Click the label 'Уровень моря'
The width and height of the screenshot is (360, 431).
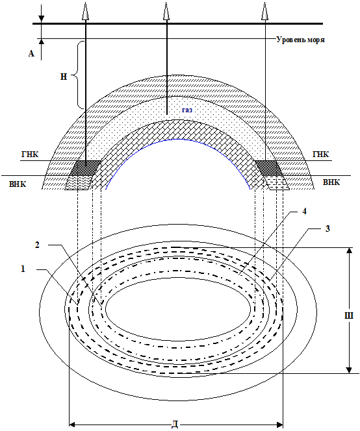click(301, 40)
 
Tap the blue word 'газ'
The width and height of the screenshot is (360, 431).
click(187, 110)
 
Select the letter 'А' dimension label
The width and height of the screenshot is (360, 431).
click(31, 53)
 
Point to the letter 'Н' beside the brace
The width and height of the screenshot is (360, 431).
click(64, 77)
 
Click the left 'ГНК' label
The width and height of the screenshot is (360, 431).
click(30, 154)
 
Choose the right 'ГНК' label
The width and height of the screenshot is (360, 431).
click(320, 154)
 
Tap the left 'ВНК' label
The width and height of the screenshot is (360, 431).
click(18, 184)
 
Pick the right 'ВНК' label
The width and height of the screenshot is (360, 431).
click(331, 182)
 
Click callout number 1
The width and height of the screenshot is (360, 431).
click(23, 269)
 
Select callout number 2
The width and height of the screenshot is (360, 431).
click(38, 245)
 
